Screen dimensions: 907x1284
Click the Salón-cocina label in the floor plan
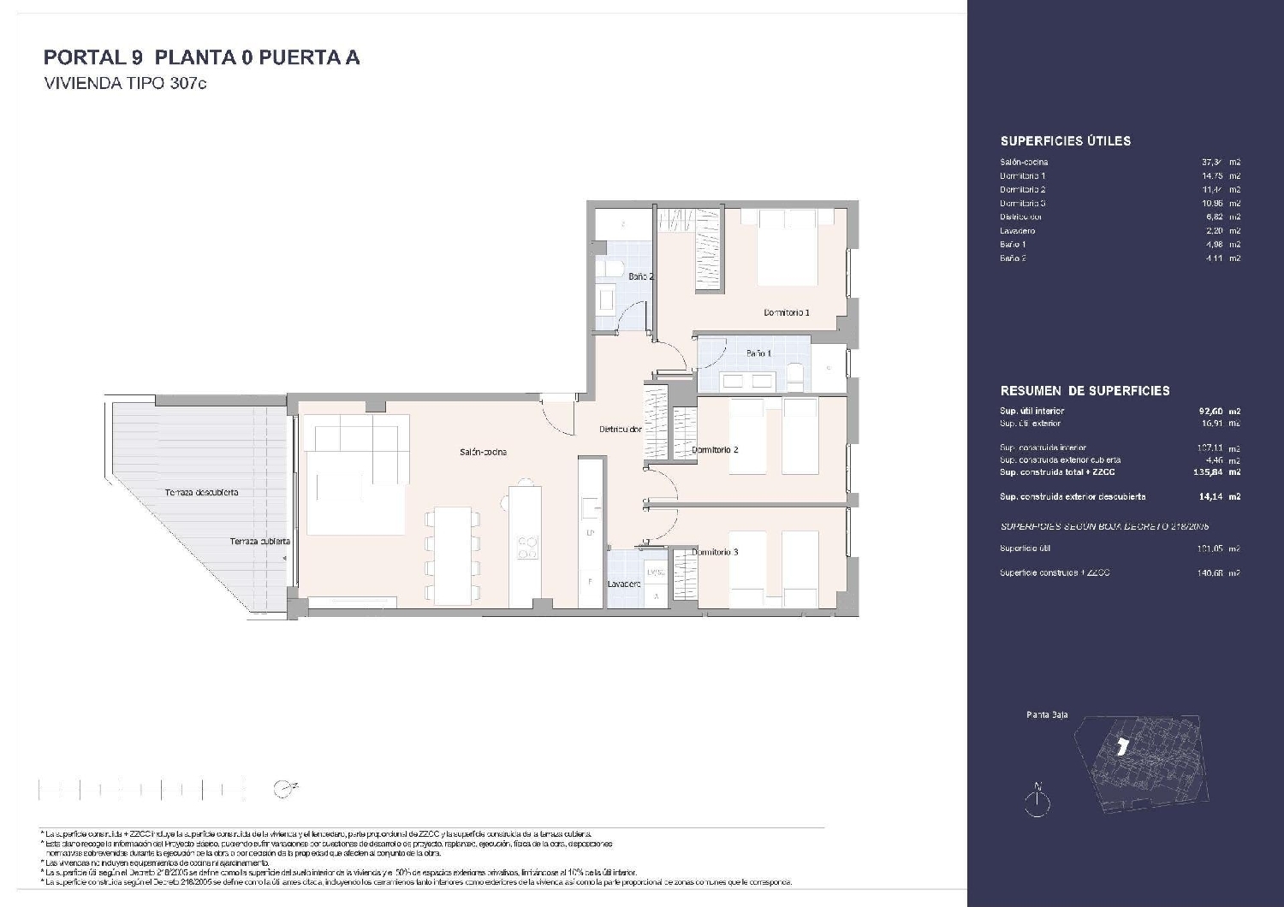pyautogui.click(x=483, y=452)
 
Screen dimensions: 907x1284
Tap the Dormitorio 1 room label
pyautogui.click(x=786, y=313)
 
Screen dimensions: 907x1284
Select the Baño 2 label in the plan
pyautogui.click(x=640, y=276)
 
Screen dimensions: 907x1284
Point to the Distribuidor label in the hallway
pyautogui.click(x=620, y=430)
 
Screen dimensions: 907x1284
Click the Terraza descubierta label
pyautogui.click(x=202, y=493)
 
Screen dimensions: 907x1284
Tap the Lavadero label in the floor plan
pyautogui.click(x=624, y=584)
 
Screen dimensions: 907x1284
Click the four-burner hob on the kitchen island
pyautogui.click(x=527, y=548)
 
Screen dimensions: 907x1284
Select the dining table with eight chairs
pyautogui.click(x=453, y=554)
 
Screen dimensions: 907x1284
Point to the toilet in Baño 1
pyautogui.click(x=794, y=374)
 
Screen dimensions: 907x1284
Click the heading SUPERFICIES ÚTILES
pyautogui.click(x=1065, y=141)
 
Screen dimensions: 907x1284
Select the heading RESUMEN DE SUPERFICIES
pyautogui.click(x=1085, y=391)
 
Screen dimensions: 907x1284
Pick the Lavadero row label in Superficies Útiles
pyautogui.click(x=1017, y=231)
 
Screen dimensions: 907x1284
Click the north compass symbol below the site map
pyautogui.click(x=1037, y=800)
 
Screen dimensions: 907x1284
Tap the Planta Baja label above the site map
pyautogui.click(x=1046, y=715)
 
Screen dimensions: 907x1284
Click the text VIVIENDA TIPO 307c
pyautogui.click(x=125, y=85)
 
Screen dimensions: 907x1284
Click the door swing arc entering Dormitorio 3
pyautogui.click(x=663, y=526)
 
